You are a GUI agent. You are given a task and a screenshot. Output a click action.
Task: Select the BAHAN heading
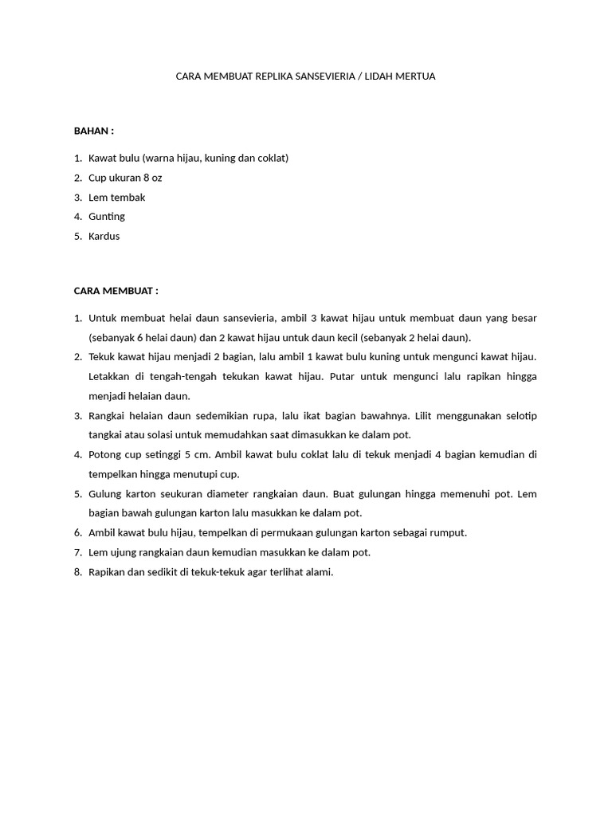92,130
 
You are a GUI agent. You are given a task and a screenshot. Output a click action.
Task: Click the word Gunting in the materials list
107,217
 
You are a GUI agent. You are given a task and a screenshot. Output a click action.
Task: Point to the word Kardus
104,236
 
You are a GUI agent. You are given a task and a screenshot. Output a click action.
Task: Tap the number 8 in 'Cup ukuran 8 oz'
146,178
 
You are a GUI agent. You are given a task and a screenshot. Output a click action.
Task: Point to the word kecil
345,337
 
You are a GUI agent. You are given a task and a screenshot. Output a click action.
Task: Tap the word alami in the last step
318,571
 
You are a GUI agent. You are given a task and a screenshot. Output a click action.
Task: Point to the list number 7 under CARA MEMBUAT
78,552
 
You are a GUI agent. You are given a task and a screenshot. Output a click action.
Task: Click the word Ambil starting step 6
104,532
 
